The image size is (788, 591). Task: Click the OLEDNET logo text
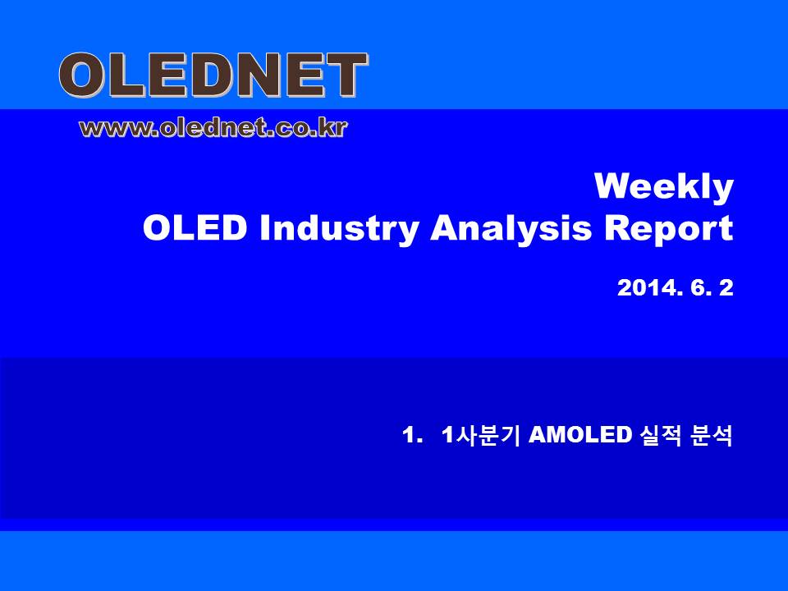[x=213, y=76]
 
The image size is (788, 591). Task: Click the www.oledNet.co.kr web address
[x=213, y=129]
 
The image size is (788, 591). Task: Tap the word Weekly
[x=664, y=187]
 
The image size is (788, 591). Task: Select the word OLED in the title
[x=195, y=228]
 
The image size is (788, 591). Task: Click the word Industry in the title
[x=339, y=230]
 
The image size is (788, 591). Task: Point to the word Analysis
[x=511, y=230]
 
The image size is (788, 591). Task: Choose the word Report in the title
[x=669, y=230]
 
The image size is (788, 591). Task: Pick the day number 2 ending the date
[x=726, y=288]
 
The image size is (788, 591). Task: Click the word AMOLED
[x=580, y=435]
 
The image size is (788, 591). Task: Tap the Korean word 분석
[x=712, y=435]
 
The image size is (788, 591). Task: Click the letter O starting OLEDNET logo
[x=82, y=76]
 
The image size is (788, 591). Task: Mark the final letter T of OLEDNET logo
[x=346, y=76]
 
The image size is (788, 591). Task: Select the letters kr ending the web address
[x=333, y=128]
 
